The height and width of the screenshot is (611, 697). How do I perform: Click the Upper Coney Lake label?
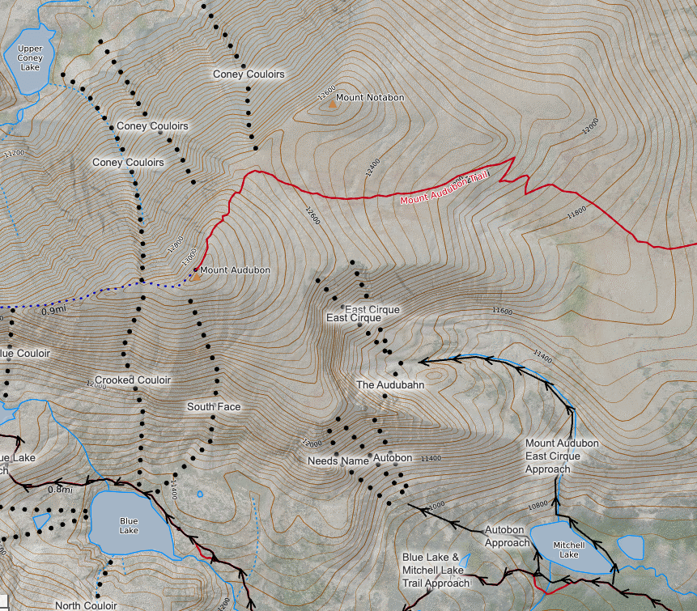click(29, 57)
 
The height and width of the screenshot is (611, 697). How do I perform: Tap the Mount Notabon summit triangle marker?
click(329, 104)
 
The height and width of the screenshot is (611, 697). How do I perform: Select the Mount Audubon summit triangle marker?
click(194, 277)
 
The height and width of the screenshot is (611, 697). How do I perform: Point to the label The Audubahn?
click(390, 385)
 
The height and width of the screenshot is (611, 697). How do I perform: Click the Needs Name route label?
click(338, 460)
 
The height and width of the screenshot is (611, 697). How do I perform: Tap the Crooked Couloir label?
click(133, 380)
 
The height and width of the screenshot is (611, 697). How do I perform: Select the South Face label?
click(214, 406)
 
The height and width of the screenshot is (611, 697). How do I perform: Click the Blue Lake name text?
click(129, 525)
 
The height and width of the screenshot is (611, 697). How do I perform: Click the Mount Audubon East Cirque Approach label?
click(562, 456)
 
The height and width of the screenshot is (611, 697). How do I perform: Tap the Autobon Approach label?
click(507, 536)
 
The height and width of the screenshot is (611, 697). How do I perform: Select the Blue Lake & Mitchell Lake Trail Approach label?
click(436, 571)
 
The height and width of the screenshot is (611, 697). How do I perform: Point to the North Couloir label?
click(86, 605)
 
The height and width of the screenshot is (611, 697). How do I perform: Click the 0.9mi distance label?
click(53, 311)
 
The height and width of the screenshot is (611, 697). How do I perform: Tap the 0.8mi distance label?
click(60, 489)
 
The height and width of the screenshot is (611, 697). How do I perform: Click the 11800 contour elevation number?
click(576, 212)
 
